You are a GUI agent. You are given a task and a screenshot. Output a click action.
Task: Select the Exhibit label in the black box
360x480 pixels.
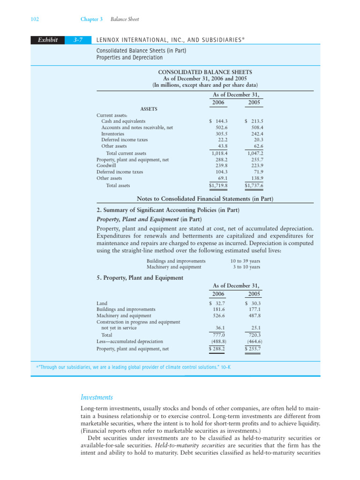pos(45,40)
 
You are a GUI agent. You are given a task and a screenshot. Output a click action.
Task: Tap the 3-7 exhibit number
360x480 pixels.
pos(79,40)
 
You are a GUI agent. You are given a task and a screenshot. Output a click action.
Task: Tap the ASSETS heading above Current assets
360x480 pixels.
pos(149,109)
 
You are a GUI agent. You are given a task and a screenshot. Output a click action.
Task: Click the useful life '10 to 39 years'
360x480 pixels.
pos(245,261)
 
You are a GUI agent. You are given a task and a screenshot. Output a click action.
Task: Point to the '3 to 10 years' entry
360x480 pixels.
pos(247,267)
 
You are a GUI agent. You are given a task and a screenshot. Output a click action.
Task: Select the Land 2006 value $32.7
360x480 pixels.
pos(218,303)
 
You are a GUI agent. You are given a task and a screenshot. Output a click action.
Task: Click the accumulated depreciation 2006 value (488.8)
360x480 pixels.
pos(217,342)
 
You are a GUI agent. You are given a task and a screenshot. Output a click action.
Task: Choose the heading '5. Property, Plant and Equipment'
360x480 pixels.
pos(139,277)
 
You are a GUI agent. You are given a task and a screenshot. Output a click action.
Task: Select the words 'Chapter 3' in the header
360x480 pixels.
pos(91,19)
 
